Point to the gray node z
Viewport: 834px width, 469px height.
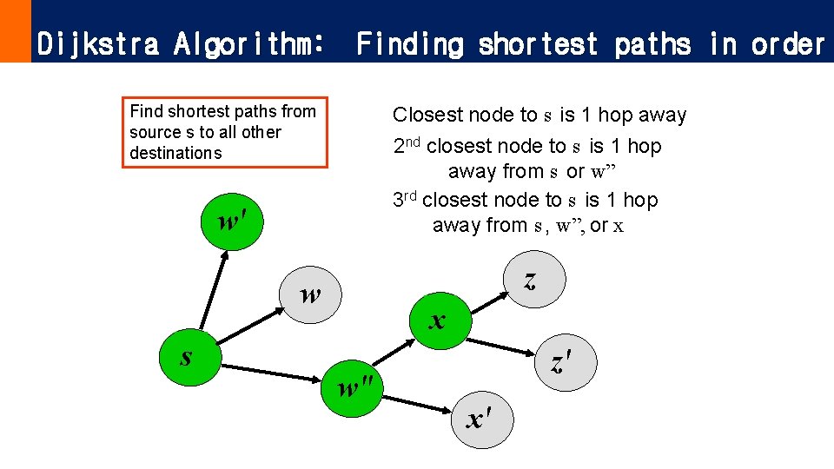(x=532, y=279)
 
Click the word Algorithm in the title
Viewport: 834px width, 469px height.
(x=252, y=43)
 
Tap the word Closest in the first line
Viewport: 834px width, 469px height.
(x=427, y=115)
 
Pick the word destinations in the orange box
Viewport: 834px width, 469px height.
(x=175, y=153)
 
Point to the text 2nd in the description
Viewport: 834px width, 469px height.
(x=407, y=145)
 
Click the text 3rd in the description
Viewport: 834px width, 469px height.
(x=405, y=199)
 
